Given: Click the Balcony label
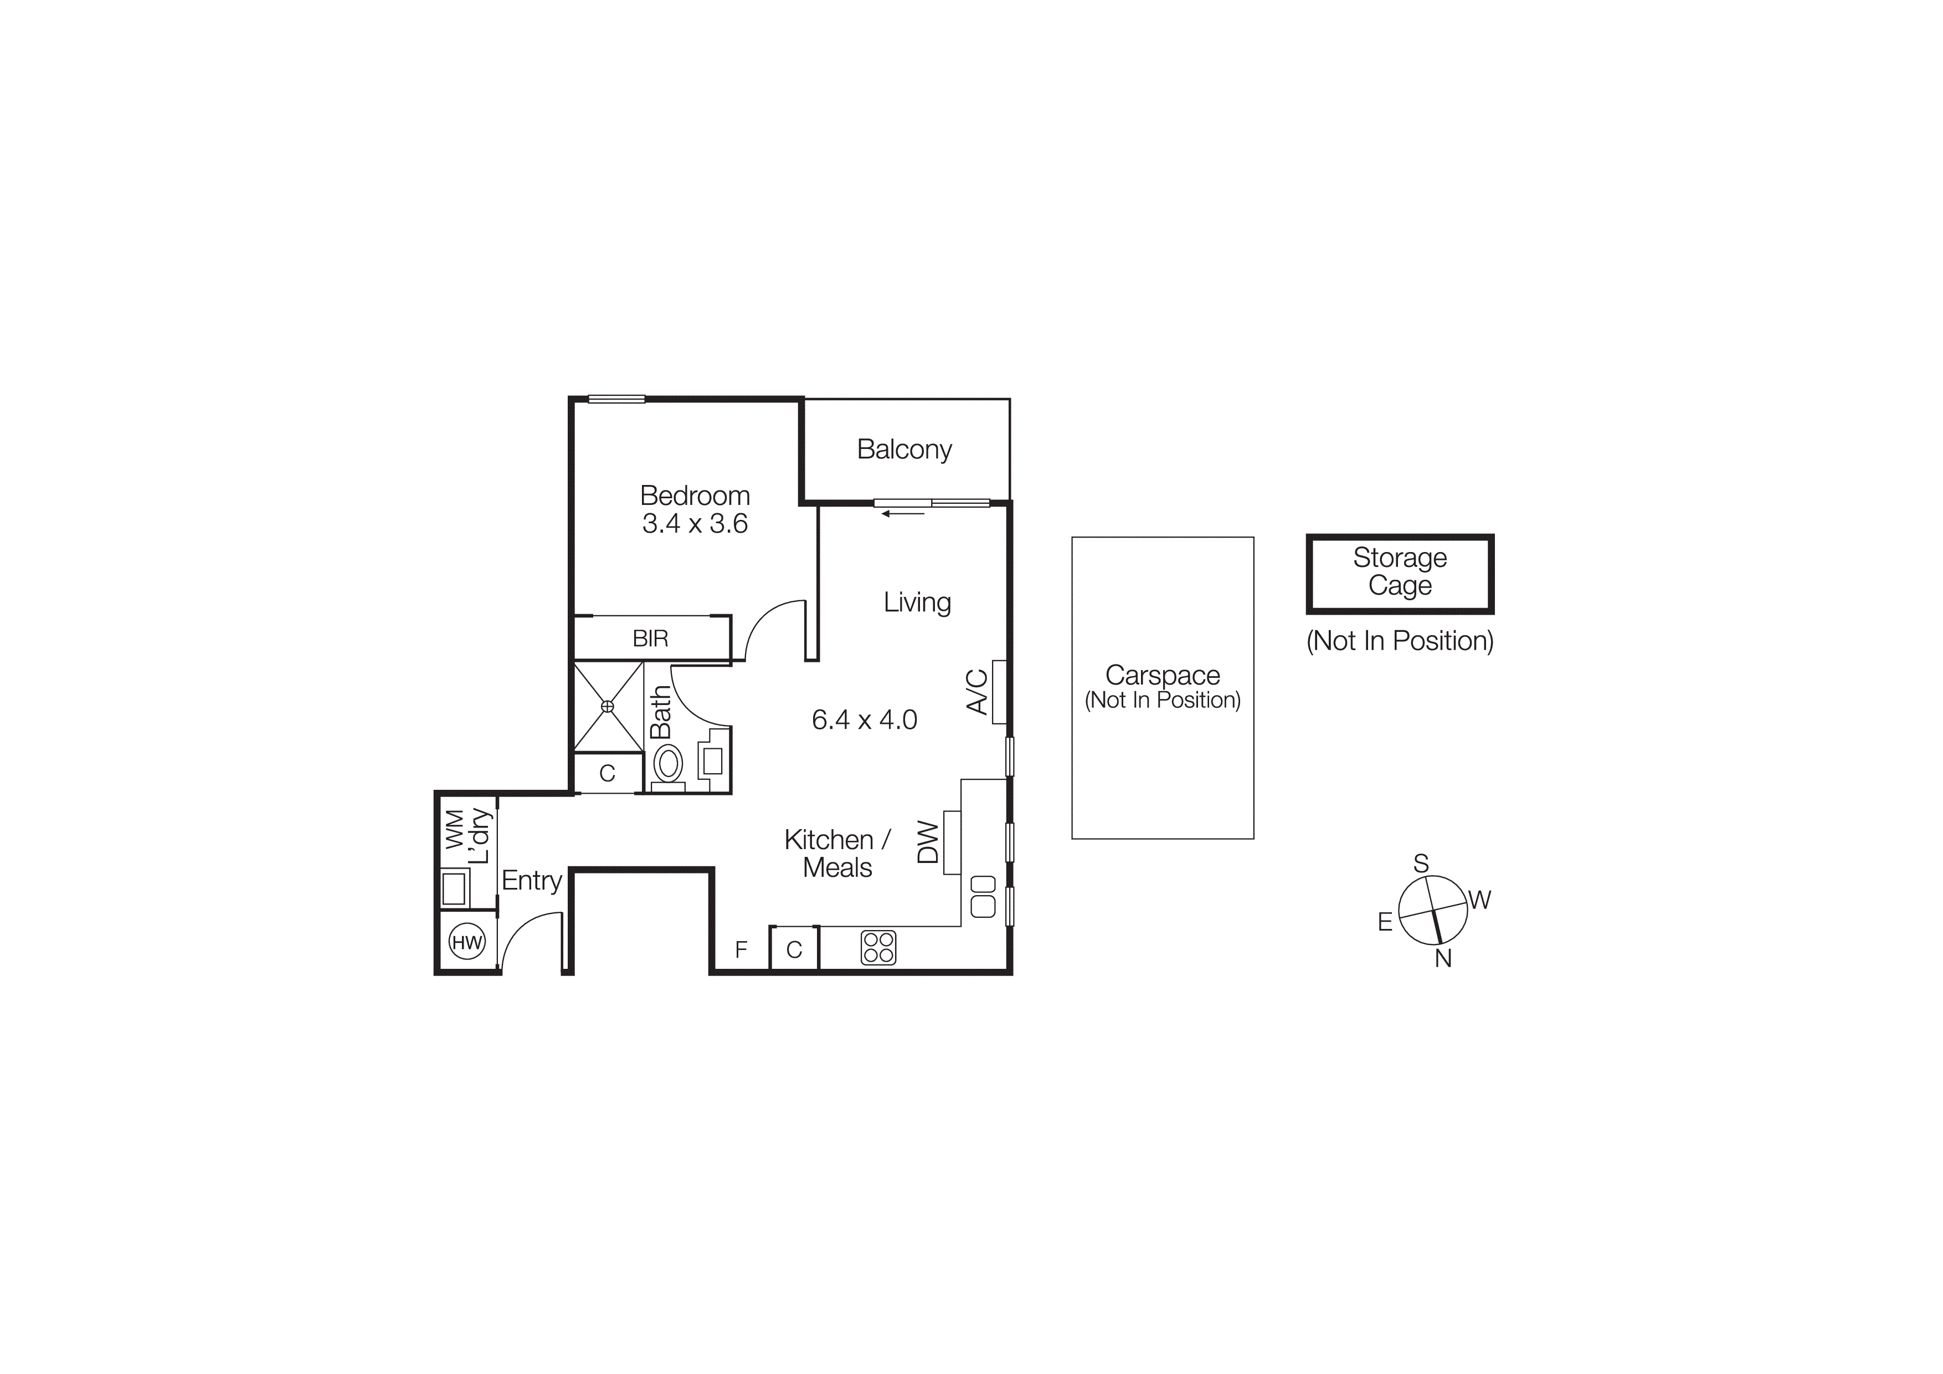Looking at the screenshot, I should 904,450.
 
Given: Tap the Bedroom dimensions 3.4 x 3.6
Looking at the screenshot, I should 695,524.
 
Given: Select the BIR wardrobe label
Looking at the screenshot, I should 650,639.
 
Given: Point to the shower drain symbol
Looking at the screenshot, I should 608,706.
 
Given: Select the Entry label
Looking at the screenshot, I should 532,881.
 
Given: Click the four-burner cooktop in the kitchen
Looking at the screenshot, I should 878,947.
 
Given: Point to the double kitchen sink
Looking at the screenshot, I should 983,896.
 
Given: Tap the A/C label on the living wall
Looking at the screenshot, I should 978,692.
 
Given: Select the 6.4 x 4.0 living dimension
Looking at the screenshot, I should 864,719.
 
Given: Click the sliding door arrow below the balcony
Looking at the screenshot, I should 902,513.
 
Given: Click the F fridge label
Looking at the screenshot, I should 741,950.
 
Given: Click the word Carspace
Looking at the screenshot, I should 1162,676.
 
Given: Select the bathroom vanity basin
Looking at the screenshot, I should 712,761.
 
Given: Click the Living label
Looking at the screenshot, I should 917,603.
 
